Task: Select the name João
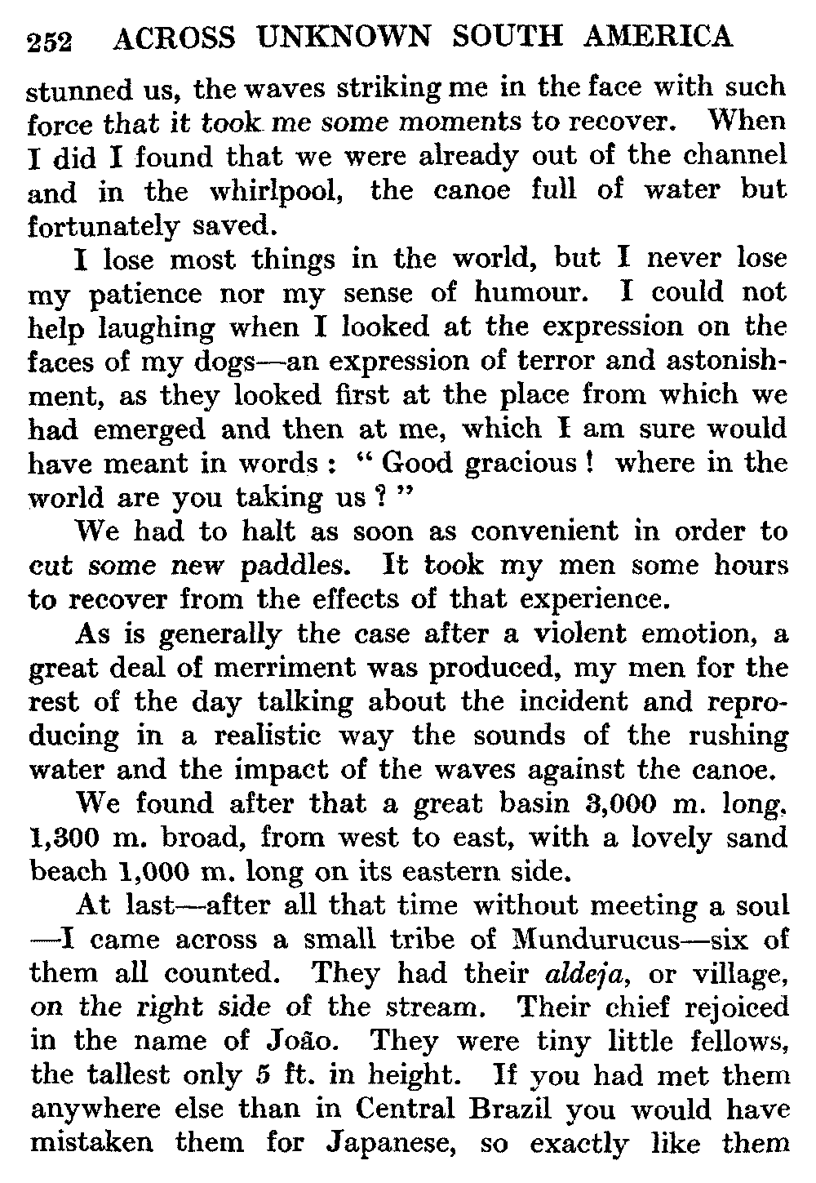[314, 1042]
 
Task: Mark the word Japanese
[388, 1144]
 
